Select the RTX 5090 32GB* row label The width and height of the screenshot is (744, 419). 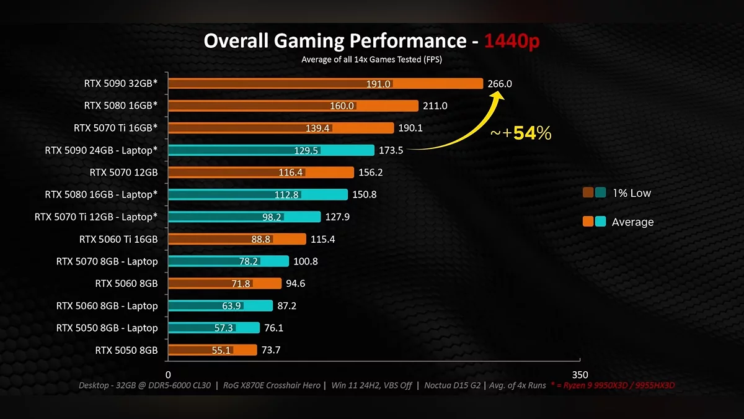click(x=121, y=83)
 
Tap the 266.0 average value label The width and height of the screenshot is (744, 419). click(x=500, y=84)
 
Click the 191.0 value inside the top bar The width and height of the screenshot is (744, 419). click(x=378, y=84)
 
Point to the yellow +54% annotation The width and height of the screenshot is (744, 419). click(x=521, y=133)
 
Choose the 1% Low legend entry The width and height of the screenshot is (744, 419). click(x=631, y=193)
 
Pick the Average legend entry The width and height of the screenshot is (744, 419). click(x=632, y=222)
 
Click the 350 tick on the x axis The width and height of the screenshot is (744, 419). click(x=579, y=375)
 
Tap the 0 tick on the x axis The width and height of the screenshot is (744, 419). click(x=168, y=375)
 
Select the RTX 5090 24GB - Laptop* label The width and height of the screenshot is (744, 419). click(x=101, y=150)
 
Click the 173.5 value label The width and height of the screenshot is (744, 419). click(x=390, y=150)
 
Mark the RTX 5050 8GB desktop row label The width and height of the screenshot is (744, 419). click(x=126, y=350)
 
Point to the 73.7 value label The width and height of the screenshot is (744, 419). click(x=271, y=350)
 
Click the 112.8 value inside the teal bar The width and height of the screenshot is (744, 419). click(x=286, y=195)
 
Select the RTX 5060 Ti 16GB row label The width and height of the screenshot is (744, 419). click(x=118, y=239)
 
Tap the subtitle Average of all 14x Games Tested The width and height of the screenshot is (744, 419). click(x=371, y=60)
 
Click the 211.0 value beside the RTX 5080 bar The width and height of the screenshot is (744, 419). click(x=435, y=106)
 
